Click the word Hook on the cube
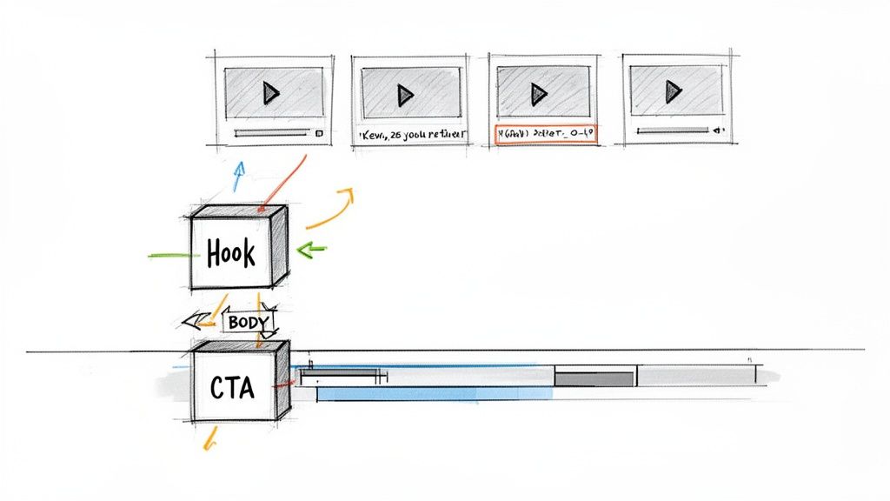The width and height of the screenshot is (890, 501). pyautogui.click(x=231, y=253)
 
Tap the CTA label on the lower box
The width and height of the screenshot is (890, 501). pyautogui.click(x=233, y=388)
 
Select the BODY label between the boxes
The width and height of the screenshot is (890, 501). pyautogui.click(x=249, y=322)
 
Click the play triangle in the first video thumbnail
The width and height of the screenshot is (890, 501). pyautogui.click(x=271, y=92)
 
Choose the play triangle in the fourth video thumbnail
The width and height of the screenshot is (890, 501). pyautogui.click(x=671, y=90)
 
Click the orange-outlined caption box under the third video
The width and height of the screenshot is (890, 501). pyautogui.click(x=545, y=135)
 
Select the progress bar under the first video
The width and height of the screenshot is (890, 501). pyautogui.click(x=271, y=133)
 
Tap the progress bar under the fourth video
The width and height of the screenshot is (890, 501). pyautogui.click(x=674, y=130)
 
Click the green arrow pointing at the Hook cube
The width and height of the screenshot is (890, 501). pyautogui.click(x=310, y=250)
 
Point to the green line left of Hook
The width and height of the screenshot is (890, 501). pyautogui.click(x=169, y=256)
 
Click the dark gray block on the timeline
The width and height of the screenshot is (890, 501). pyautogui.click(x=594, y=378)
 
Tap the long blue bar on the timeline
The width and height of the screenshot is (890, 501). pyautogui.click(x=435, y=394)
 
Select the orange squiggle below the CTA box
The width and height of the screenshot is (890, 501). pyautogui.click(x=209, y=439)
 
